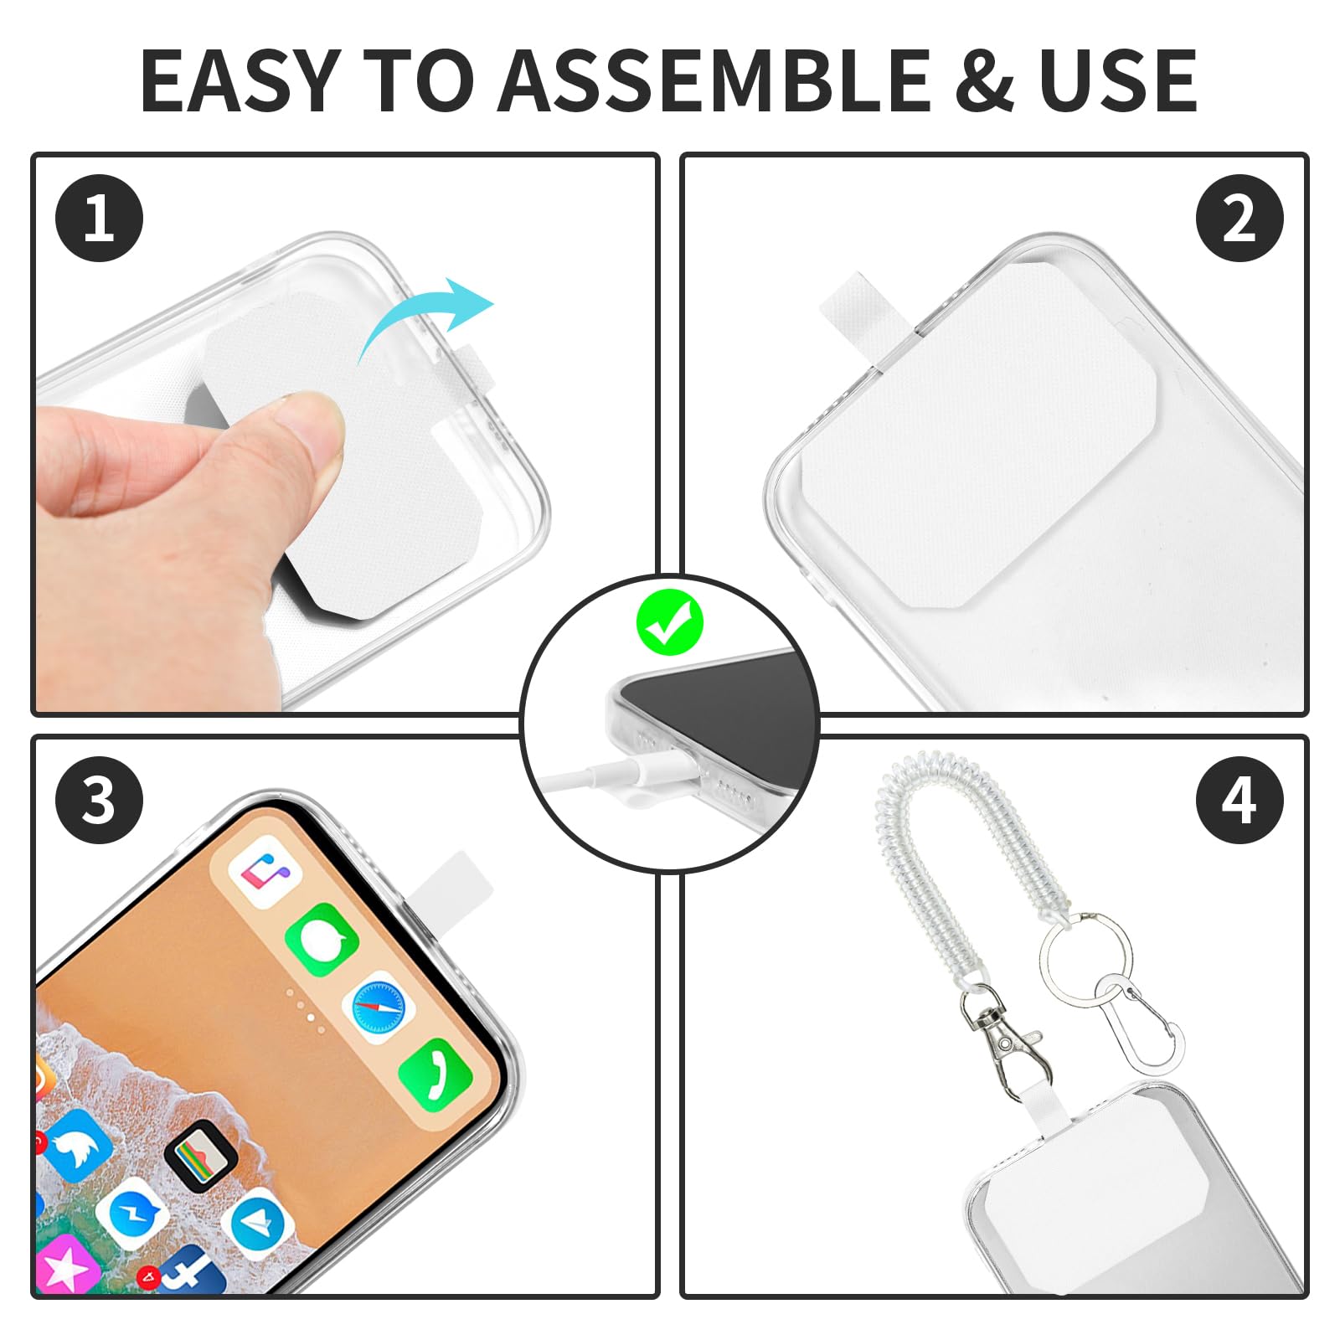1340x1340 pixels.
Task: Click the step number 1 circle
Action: [x=99, y=219]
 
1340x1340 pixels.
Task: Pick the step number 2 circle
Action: [x=1239, y=219]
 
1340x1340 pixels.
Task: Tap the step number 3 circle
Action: [x=99, y=799]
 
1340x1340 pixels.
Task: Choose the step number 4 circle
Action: [x=1239, y=799]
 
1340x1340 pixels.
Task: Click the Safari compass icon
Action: [x=379, y=1007]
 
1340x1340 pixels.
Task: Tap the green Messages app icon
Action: [x=322, y=939]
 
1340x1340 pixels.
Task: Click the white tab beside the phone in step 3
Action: [x=450, y=880]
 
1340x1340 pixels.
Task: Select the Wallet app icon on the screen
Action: [x=201, y=1156]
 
